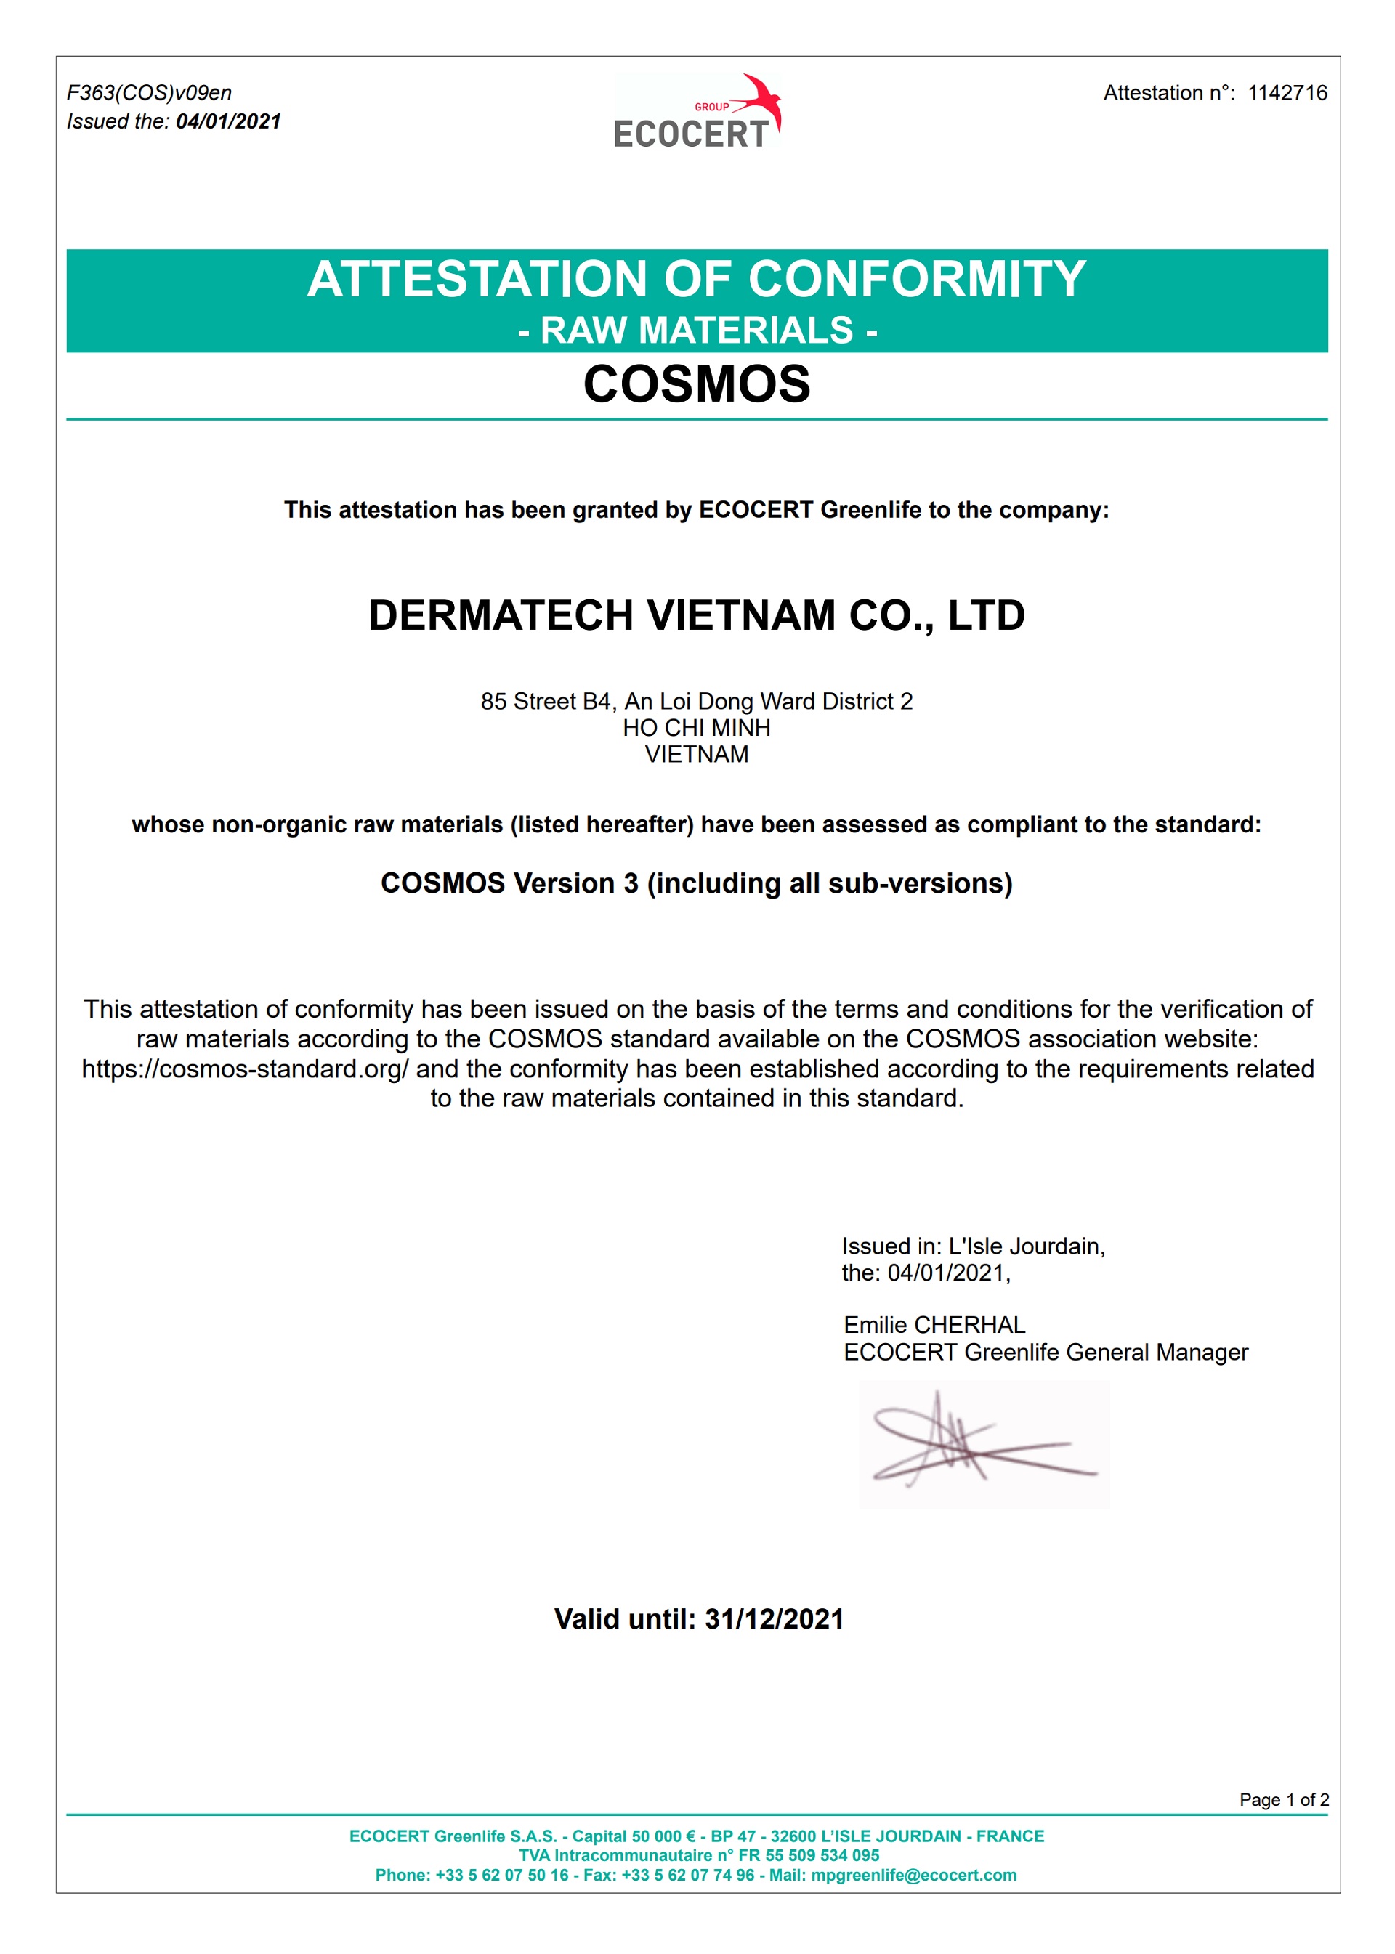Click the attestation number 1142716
coord(1287,93)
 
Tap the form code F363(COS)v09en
coord(150,93)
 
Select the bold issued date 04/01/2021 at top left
coord(228,122)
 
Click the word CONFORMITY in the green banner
coord(916,279)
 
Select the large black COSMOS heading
coord(697,384)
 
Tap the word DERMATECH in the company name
coord(501,616)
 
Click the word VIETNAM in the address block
coord(697,754)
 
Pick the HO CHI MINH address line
coord(697,728)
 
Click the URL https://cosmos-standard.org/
coord(245,1069)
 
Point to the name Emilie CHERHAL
coord(934,1324)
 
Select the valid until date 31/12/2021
coord(774,1619)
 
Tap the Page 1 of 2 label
coord(1283,1799)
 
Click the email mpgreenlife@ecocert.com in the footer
coord(913,1875)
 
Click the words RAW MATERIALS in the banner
coord(697,331)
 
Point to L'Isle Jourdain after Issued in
coord(1026,1246)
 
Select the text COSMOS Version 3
coord(509,883)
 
